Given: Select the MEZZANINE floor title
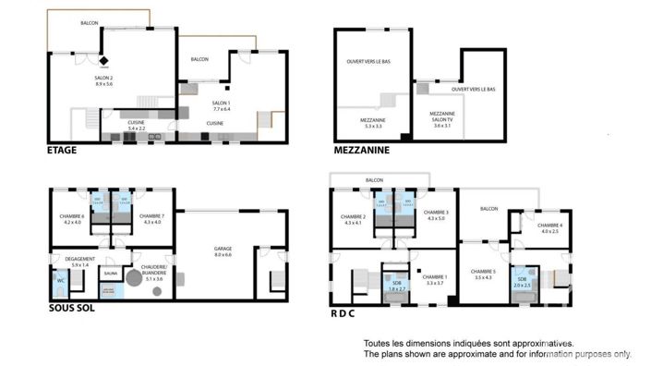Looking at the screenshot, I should pos(362,150).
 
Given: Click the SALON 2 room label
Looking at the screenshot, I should pos(102,80).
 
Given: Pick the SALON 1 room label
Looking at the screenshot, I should pos(222,104).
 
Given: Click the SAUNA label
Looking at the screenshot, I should pos(111,274).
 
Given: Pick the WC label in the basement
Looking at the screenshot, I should pos(60,278).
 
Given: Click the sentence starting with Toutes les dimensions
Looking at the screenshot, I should pos(469,342).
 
